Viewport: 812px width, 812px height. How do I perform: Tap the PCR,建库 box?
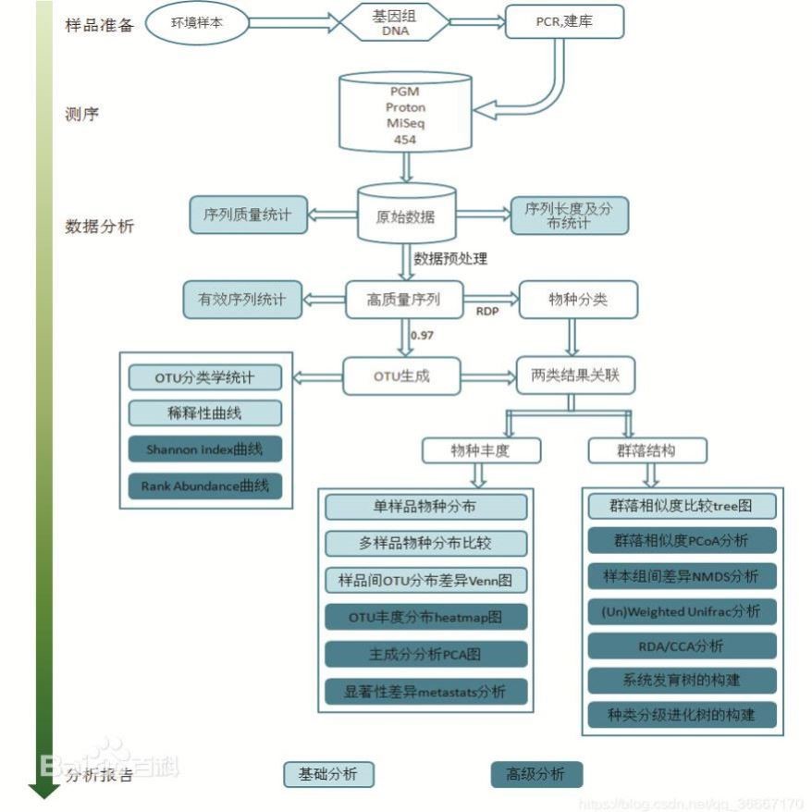point(564,21)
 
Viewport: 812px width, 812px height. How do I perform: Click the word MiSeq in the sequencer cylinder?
point(403,123)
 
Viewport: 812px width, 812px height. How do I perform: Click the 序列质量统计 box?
point(246,215)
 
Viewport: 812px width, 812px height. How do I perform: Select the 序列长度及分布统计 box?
point(569,215)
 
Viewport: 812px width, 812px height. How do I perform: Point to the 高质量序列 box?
point(403,300)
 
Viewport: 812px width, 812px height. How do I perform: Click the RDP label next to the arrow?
point(486,312)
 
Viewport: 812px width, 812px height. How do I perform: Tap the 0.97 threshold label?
point(422,335)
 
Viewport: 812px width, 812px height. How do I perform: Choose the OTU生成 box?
point(401,376)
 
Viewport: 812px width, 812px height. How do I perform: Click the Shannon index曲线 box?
point(204,449)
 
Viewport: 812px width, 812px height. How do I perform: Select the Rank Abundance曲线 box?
point(204,485)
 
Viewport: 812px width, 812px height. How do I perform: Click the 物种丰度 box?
point(480,450)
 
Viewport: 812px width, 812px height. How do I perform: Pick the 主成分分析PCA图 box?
point(425,653)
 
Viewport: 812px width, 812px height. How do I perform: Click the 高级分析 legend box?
point(536,774)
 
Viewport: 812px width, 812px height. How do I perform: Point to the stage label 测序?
point(81,116)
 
